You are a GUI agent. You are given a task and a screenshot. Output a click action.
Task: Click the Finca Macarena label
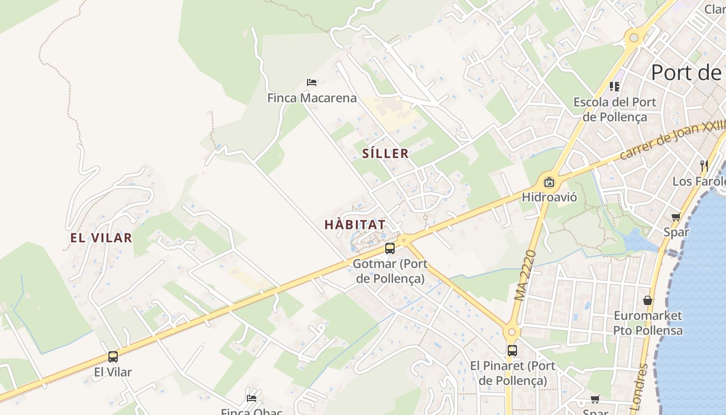312,98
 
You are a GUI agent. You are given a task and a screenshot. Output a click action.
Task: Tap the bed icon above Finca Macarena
312,82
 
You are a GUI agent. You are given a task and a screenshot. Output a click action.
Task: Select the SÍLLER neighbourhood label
385,154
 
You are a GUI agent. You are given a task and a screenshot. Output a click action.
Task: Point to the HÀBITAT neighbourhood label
355,225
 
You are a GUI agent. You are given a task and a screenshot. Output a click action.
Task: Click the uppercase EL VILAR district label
101,238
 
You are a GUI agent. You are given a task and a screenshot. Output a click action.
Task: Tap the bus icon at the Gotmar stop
390,248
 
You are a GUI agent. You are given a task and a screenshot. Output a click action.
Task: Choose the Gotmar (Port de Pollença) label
390,271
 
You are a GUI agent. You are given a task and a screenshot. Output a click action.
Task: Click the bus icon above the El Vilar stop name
113,356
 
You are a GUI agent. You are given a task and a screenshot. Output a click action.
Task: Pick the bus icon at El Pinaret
512,350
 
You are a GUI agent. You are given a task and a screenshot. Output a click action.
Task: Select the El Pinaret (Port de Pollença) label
512,373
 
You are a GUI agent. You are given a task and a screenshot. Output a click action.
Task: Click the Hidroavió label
549,197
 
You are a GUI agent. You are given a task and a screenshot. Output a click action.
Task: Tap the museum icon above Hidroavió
549,182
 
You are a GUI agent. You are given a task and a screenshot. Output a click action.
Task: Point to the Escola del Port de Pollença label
615,109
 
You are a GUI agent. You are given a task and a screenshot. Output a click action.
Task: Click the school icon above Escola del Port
615,86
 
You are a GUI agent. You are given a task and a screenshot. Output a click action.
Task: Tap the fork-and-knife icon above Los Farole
704,165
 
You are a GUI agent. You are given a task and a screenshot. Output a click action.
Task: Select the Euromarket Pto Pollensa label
648,323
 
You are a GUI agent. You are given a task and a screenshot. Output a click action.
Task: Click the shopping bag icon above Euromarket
648,300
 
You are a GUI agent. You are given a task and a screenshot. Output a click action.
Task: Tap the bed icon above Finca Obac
252,398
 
